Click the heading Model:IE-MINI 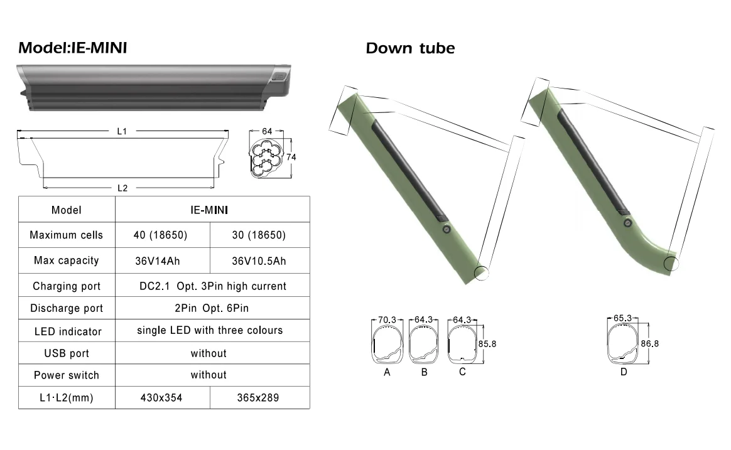click(73, 48)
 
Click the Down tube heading click(410, 48)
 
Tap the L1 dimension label click(122, 131)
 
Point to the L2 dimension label click(122, 188)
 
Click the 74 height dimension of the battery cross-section click(291, 157)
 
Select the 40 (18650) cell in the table click(160, 235)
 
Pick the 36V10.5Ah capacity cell click(259, 261)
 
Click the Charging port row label click(67, 286)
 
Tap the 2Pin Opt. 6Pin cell click(212, 308)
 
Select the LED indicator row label click(68, 331)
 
